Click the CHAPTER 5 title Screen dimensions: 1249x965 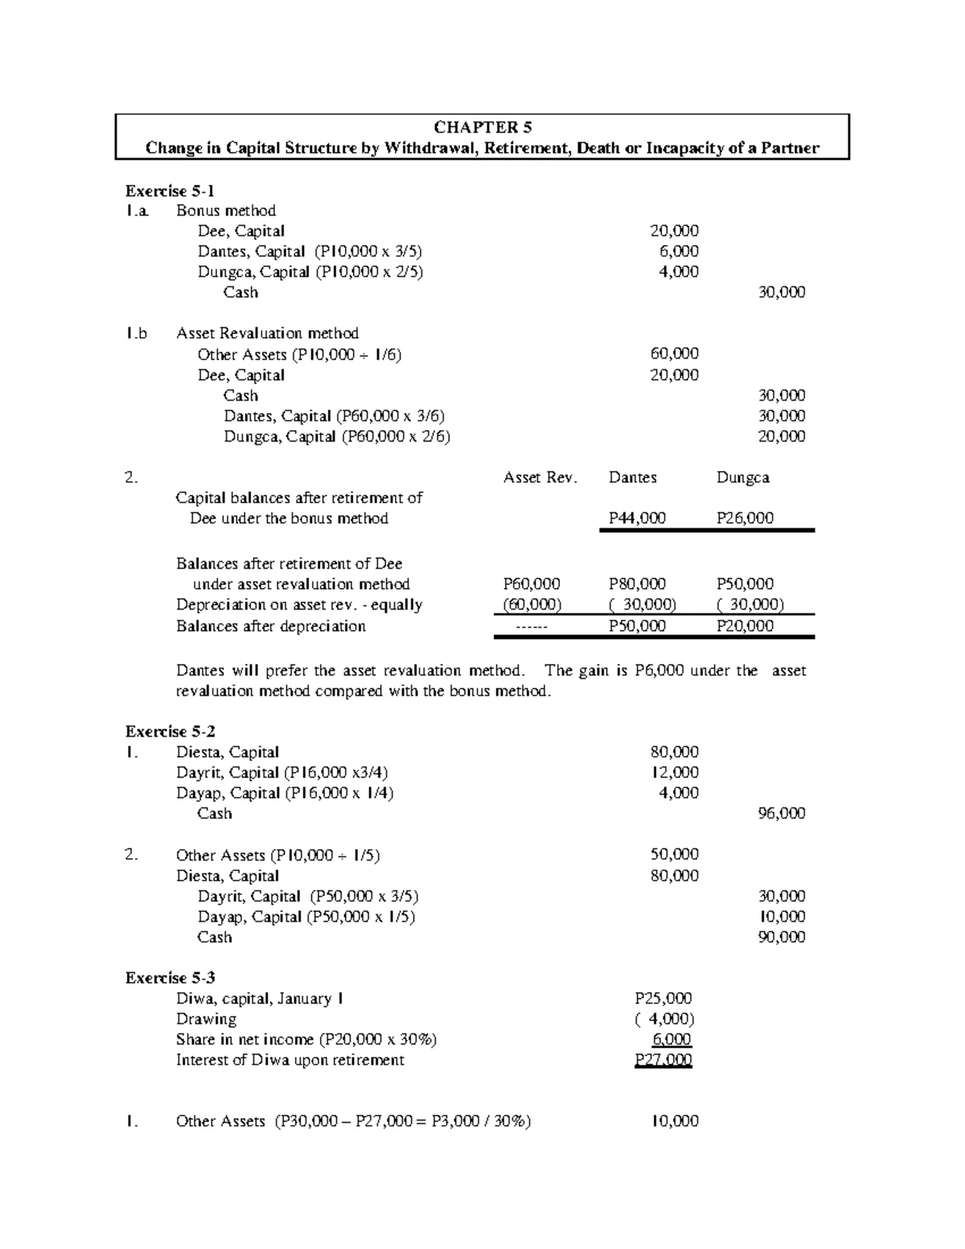[x=482, y=127]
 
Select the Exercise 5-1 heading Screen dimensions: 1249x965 [x=170, y=191]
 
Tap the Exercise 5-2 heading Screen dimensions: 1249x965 [x=170, y=731]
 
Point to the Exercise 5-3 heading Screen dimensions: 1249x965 [x=170, y=978]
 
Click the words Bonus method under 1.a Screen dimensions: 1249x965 [x=226, y=211]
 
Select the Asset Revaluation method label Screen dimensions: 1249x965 [x=267, y=333]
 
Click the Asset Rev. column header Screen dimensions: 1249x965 [x=540, y=478]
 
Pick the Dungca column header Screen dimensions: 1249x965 [x=742, y=478]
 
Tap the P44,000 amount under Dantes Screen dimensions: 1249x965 [x=637, y=519]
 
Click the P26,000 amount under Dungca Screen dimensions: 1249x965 [x=745, y=519]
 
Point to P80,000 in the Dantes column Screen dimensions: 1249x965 [x=637, y=585]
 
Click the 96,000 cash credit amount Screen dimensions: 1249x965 [x=782, y=813]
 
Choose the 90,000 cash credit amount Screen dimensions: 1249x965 [x=782, y=937]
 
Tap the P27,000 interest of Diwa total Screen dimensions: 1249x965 [x=663, y=1060]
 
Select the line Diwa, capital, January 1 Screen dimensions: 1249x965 [x=261, y=999]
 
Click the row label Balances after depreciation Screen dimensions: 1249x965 [x=271, y=627]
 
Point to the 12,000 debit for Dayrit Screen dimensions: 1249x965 [x=674, y=772]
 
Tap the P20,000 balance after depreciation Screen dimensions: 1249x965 [x=745, y=627]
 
